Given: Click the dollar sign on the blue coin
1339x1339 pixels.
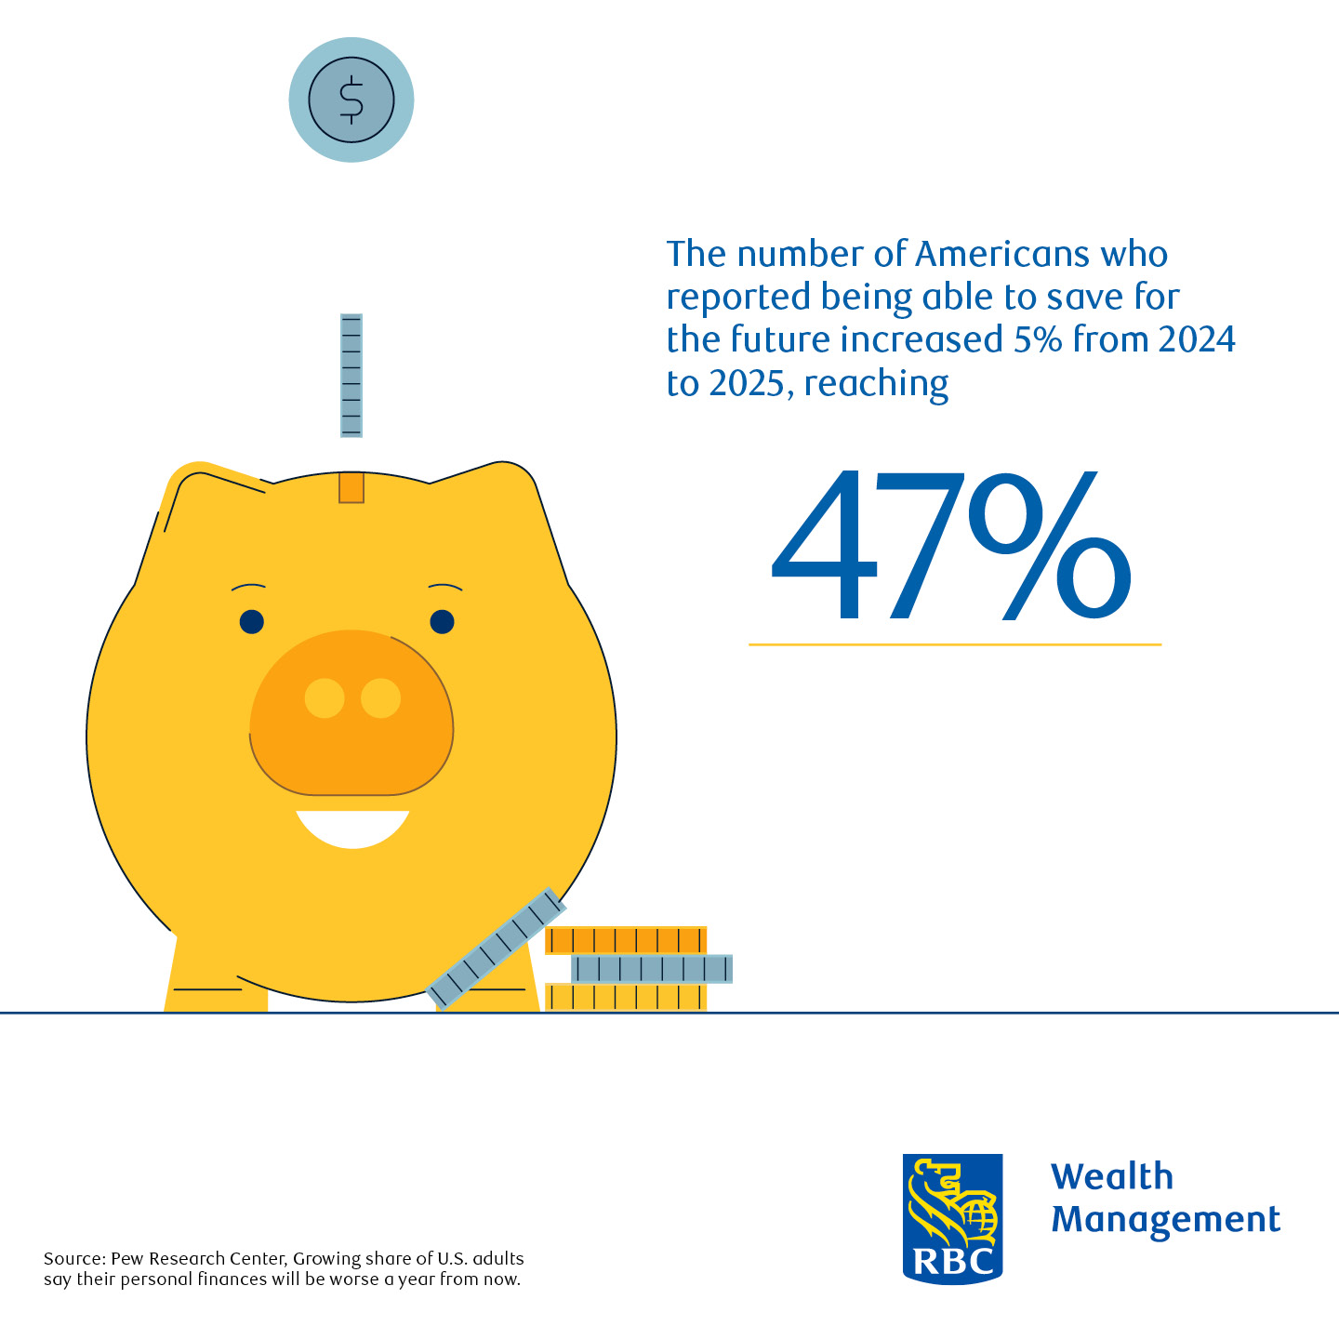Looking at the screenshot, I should coord(351,99).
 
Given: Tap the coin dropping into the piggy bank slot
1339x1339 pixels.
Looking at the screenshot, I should coord(351,375).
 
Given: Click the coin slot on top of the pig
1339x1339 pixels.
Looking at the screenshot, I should coord(351,487).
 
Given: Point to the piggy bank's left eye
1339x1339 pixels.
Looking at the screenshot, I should coord(252,621).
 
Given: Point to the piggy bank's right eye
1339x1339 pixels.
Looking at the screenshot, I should coord(442,621).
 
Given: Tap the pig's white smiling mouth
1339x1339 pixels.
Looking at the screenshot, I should coord(352,828).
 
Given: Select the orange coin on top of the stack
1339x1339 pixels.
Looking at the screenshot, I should coord(626,940).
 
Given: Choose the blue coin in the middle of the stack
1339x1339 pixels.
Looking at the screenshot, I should coord(652,969).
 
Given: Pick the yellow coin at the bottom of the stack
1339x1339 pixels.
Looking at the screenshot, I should coord(626,997).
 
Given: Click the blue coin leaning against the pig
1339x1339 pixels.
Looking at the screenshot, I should coord(496,948).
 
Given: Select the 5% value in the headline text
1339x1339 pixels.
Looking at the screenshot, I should coord(1038,339).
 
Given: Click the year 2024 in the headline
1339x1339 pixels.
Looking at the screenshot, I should coord(1197,339).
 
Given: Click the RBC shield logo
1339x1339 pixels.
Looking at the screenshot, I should coord(952,1218).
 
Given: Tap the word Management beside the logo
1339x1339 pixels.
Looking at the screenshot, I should coord(1165,1220).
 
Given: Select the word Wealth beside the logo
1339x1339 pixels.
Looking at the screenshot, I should coord(1112,1177).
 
